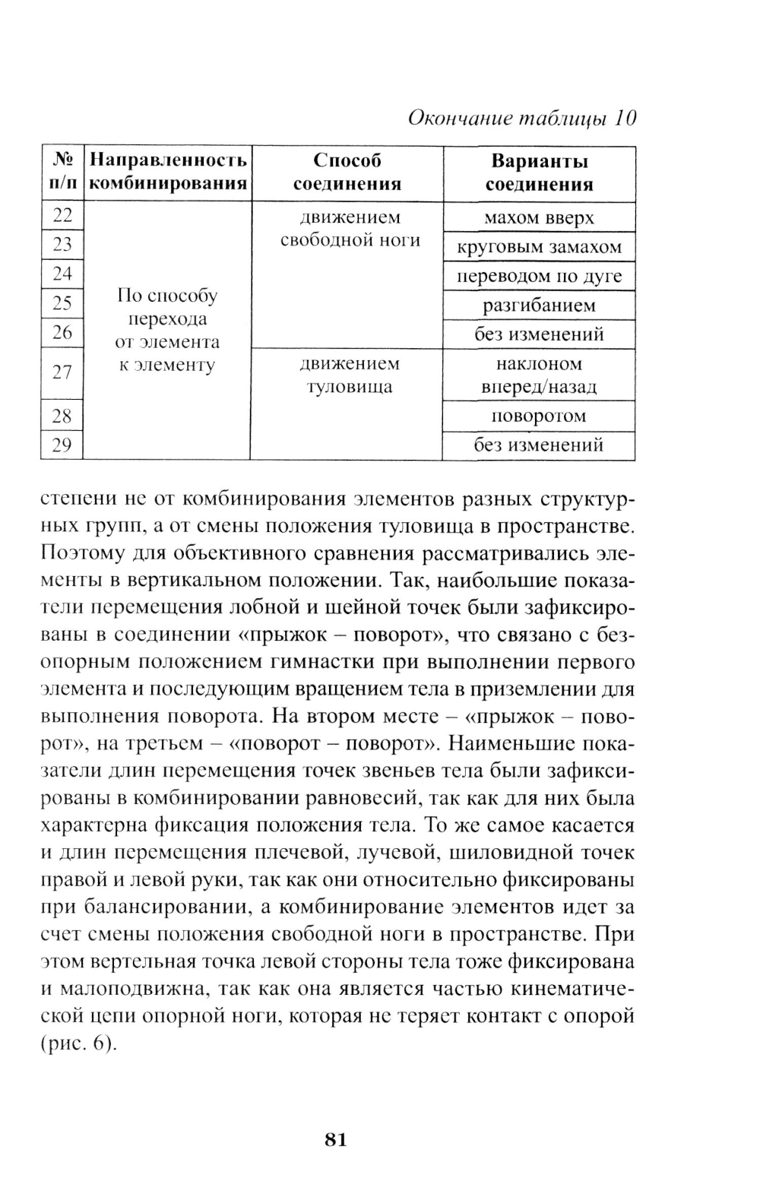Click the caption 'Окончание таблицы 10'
pos(521,119)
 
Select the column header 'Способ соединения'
pos(347,173)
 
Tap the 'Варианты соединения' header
pos(539,173)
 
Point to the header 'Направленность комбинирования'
pos(168,173)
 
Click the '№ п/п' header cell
pos(62,173)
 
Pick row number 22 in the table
pos(62,217)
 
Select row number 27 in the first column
pos(62,372)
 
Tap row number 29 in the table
pos(62,445)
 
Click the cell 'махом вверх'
pos(539,218)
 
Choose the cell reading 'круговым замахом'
pos(539,247)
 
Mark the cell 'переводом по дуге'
pos(539,276)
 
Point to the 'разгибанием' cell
pos(539,306)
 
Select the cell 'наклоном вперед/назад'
pos(539,375)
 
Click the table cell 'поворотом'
pos(539,416)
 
